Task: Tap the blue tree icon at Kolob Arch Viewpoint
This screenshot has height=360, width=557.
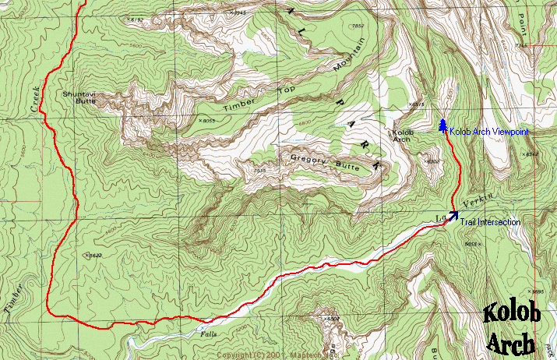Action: click(x=442, y=126)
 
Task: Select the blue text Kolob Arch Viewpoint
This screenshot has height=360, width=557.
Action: click(x=488, y=132)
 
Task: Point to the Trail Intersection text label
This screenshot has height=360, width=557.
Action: click(x=489, y=223)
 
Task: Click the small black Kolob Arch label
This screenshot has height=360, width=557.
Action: click(x=400, y=136)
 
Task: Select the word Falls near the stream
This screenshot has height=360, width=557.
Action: click(x=209, y=333)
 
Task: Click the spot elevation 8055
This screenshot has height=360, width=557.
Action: click(x=207, y=121)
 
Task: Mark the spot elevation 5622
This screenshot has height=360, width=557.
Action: click(x=93, y=254)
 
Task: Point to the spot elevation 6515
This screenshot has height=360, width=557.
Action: click(x=418, y=104)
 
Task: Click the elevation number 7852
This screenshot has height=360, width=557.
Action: click(x=358, y=26)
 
